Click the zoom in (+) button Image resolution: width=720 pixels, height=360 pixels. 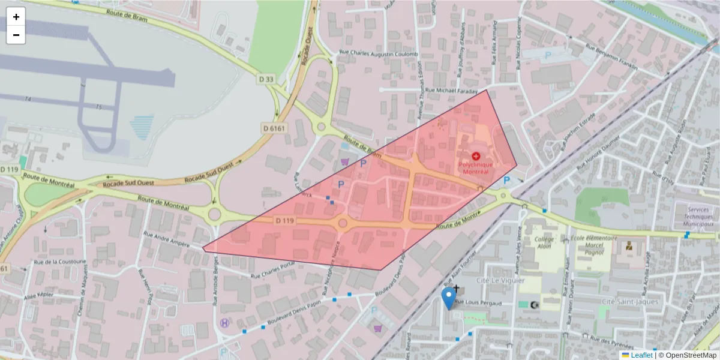(16, 17)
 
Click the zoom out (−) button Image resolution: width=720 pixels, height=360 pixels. (16, 35)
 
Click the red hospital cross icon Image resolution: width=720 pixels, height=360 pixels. (476, 155)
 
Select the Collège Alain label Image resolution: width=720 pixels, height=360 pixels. (543, 241)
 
